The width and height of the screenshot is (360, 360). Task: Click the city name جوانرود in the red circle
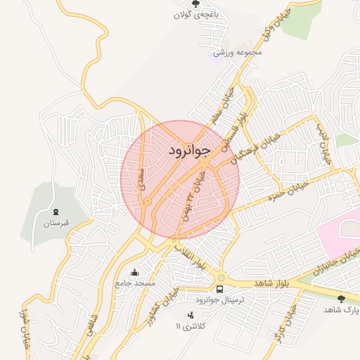coord(190,150)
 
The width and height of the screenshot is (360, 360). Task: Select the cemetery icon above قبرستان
coord(55,212)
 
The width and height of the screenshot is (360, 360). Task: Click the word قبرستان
coord(55,224)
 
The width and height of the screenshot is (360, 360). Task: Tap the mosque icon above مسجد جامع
coord(135,272)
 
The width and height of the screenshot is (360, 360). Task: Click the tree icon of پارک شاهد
coord(341,299)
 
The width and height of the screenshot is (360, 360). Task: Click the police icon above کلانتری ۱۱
coord(188,316)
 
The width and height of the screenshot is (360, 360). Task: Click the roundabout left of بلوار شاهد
coord(220,277)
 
